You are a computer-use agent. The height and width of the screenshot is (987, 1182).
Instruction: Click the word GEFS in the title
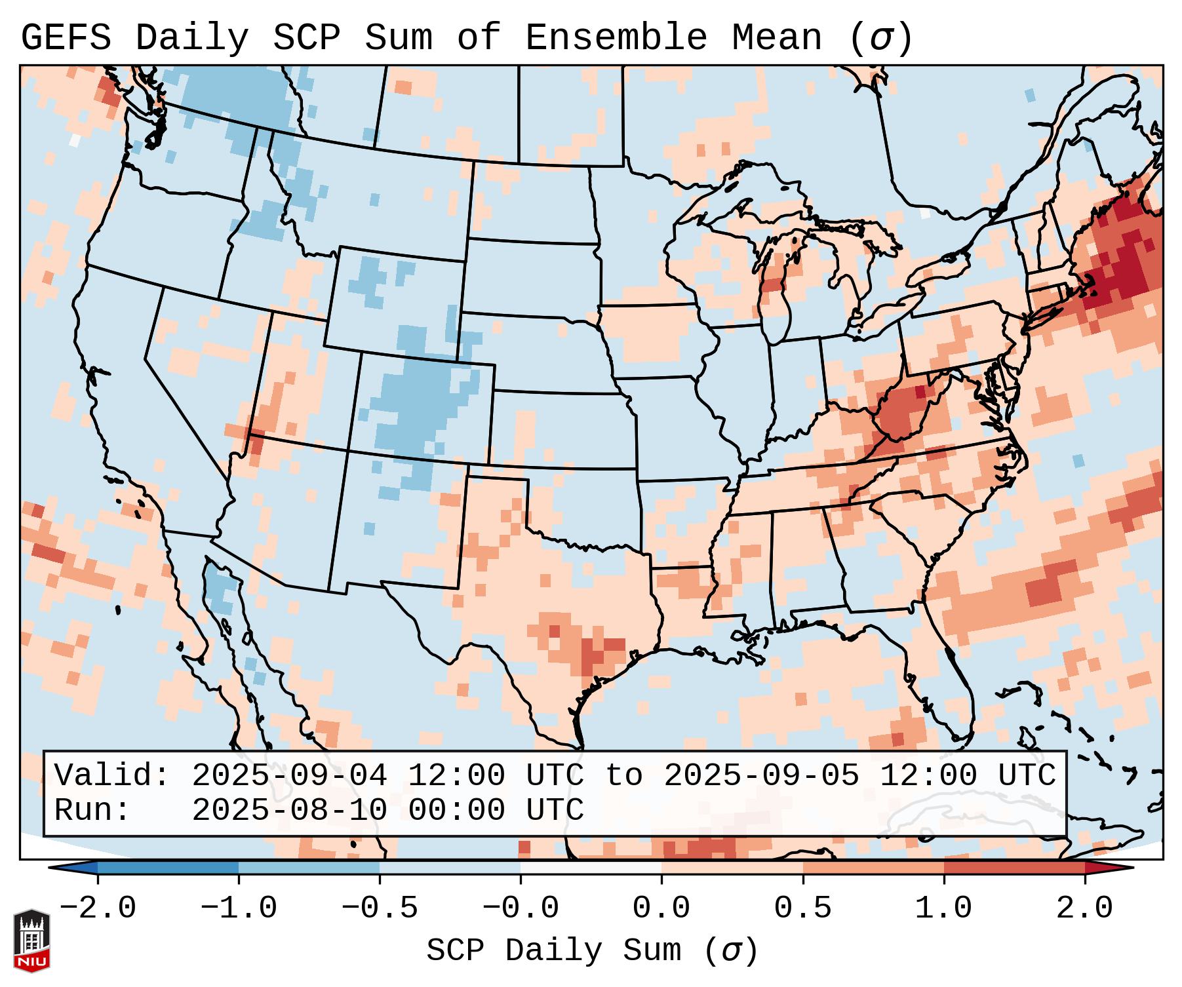point(66,38)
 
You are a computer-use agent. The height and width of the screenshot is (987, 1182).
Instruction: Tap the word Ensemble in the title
point(616,38)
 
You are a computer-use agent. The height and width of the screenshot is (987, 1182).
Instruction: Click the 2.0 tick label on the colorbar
point(1085,908)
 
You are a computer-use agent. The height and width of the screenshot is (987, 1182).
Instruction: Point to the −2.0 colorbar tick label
point(98,908)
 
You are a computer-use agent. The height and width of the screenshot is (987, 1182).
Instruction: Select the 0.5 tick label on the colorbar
point(803,908)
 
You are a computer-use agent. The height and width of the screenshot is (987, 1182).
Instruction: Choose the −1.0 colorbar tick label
point(239,908)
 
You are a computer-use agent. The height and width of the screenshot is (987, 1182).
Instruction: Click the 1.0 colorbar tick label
point(944,908)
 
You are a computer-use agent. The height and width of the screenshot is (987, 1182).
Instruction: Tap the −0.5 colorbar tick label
point(380,908)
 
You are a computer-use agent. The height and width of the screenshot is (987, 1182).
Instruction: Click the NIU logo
point(31,940)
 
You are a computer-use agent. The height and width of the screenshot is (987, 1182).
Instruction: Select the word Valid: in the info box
point(112,776)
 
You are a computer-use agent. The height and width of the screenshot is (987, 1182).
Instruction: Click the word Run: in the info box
point(92,811)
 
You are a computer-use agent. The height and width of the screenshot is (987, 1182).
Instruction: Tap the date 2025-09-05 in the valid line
point(761,776)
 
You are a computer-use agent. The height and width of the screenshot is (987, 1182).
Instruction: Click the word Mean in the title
point(776,38)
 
